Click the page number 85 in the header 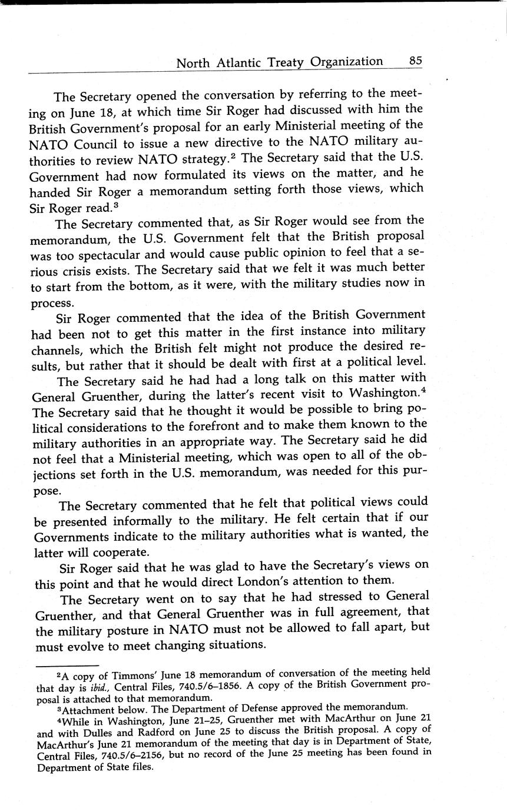point(415,61)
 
